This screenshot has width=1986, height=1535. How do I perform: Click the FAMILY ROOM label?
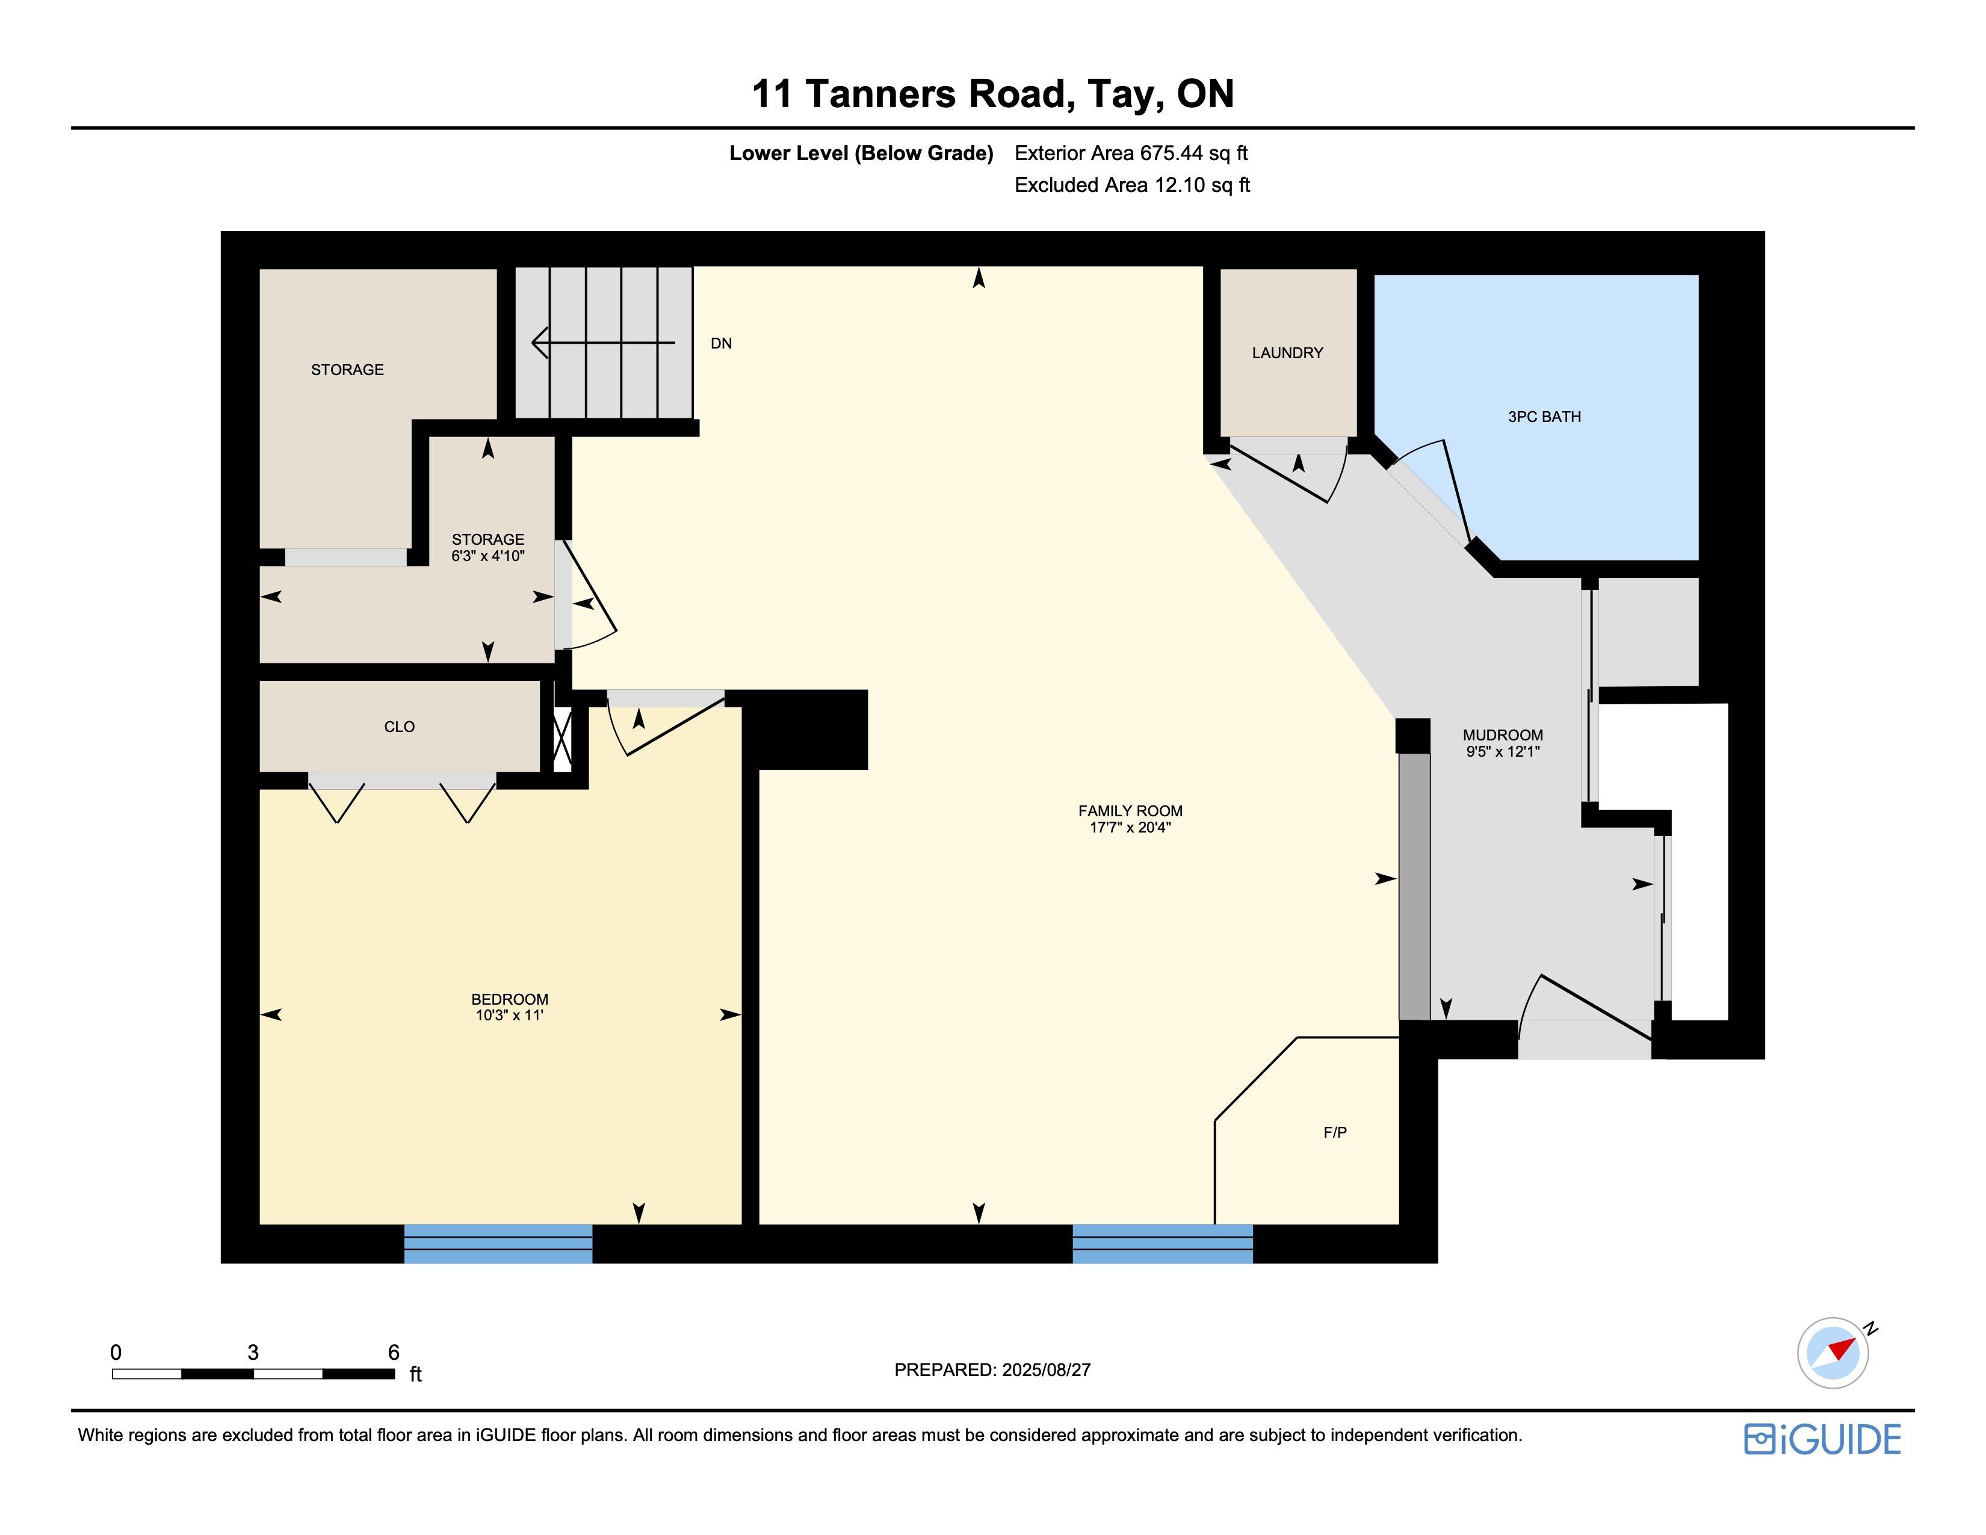1130,811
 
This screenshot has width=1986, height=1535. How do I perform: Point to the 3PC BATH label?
1544,417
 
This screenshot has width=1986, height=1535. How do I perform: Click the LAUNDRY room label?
1288,353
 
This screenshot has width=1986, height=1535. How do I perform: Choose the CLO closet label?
399,727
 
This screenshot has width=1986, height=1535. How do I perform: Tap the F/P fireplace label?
1335,1132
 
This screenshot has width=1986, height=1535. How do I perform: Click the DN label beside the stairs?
721,344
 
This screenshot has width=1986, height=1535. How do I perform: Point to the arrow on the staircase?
603,343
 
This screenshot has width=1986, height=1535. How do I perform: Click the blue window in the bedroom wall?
498,1243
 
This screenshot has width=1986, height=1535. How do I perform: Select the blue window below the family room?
1163,1243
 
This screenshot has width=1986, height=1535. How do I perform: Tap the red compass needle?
1842,1348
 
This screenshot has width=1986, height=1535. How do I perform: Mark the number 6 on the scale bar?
394,1352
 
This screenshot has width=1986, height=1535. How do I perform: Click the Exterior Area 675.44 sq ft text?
1131,153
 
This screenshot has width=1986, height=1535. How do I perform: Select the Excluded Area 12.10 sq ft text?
1132,185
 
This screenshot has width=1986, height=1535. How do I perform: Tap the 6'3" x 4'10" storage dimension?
488,556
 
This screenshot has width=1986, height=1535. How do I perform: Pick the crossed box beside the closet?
563,739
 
